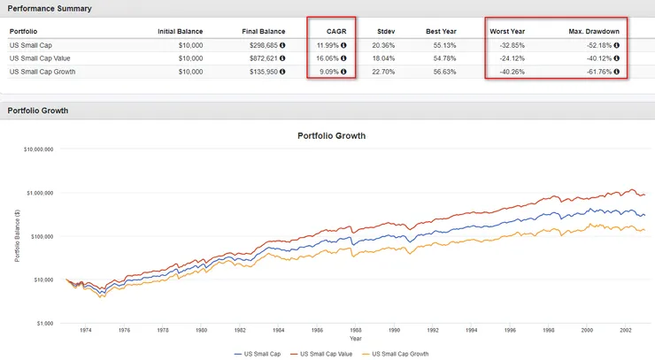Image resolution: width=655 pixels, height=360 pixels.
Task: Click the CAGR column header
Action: [335, 32]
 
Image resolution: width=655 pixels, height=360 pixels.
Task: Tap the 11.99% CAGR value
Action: [328, 44]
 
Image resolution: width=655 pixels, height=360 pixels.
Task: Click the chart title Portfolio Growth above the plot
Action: [331, 136]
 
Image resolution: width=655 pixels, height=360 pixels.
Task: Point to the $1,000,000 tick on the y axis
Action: [38, 193]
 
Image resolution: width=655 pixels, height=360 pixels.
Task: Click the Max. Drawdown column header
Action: [595, 32]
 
